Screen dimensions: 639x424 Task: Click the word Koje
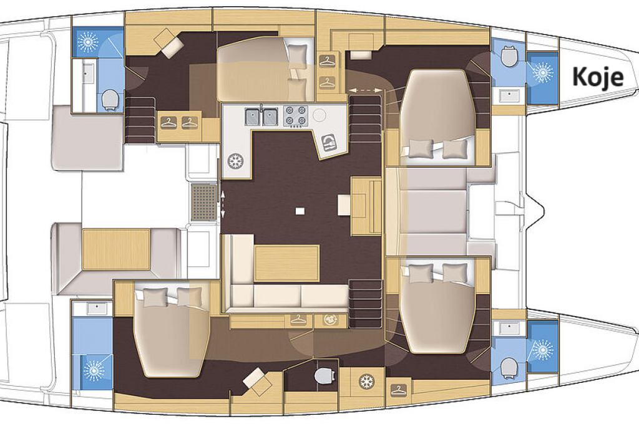pos(598,77)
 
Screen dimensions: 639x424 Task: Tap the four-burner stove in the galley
pos(295,116)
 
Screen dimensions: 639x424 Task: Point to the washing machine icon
pos(330,320)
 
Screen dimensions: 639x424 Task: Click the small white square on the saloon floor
pos(300,211)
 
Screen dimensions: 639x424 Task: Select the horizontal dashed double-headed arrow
pos(365,90)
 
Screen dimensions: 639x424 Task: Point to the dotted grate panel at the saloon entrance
pos(204,202)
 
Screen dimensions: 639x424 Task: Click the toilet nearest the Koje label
pos(509,55)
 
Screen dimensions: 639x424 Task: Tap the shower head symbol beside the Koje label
pos(542,72)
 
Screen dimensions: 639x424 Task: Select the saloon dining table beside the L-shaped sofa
pos(286,263)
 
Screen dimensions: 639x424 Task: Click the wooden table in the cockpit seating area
pos(117,249)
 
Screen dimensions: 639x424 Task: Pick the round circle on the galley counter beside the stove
pos(319,116)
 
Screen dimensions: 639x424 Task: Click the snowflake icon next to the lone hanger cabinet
pos(366,382)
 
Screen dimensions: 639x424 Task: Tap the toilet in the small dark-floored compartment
pos(324,375)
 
